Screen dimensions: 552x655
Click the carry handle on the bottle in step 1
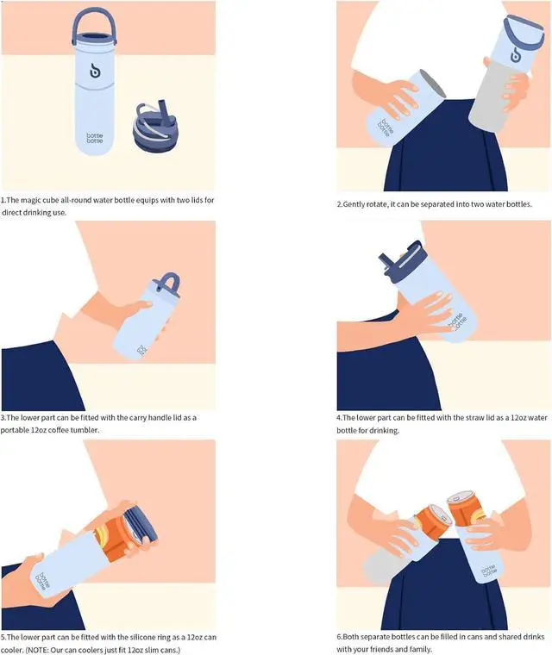pyautogui.click(x=94, y=12)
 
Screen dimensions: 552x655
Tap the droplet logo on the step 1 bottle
pyautogui.click(x=95, y=71)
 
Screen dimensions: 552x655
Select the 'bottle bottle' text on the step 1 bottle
pyautogui.click(x=95, y=138)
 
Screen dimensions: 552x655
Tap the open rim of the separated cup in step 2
pyautogui.click(x=433, y=84)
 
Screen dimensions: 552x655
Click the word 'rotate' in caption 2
pyautogui.click(x=376, y=204)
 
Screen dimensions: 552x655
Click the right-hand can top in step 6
pyautogui.click(x=461, y=497)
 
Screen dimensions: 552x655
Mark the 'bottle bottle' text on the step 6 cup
pyautogui.click(x=488, y=571)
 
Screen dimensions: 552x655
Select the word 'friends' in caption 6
pyautogui.click(x=384, y=649)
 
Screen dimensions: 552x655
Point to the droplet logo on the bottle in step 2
pyautogui.click(x=516, y=54)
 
